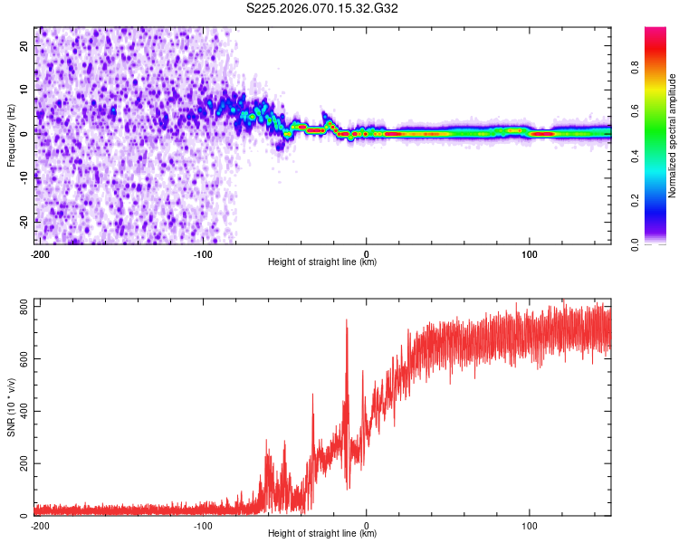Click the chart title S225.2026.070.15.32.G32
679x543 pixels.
click(323, 9)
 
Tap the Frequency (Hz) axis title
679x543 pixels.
click(11, 136)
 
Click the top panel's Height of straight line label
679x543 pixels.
click(322, 262)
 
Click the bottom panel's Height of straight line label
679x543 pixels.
click(322, 534)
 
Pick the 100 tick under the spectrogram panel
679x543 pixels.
click(530, 252)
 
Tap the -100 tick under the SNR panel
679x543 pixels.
click(203, 524)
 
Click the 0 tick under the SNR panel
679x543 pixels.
click(367, 524)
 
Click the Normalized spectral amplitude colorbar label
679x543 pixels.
click(673, 136)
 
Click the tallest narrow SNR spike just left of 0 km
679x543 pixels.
click(346, 320)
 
